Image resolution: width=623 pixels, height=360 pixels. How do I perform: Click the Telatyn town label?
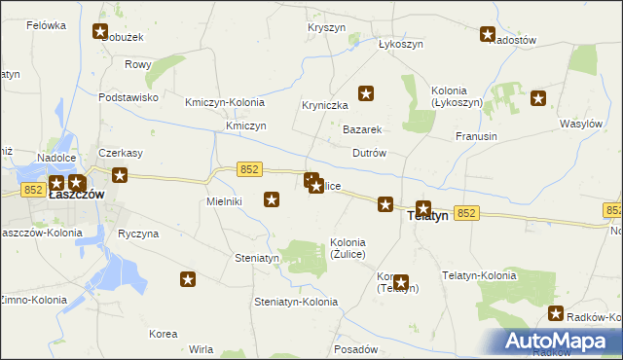[x=425, y=218]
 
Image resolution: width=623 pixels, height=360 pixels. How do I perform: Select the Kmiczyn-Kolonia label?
[x=225, y=102]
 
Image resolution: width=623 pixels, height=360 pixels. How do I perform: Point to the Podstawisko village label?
[x=128, y=97]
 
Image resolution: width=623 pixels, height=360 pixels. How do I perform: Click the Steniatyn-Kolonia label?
[x=296, y=302]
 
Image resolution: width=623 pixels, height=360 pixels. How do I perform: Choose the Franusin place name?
[x=476, y=136]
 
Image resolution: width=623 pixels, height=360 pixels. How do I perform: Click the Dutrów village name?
[x=370, y=153]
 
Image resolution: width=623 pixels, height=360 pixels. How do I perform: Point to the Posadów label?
[x=354, y=348]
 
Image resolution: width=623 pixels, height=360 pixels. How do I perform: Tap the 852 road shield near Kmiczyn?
[x=249, y=169]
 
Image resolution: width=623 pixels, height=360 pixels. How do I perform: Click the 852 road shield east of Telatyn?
[x=465, y=213]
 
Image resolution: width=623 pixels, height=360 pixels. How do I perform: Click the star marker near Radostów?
[x=488, y=35]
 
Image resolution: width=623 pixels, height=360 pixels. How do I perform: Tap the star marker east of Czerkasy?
[x=120, y=175]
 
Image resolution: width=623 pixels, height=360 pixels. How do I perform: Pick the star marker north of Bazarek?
[x=366, y=93]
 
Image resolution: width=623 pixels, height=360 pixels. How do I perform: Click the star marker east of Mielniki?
[x=273, y=199]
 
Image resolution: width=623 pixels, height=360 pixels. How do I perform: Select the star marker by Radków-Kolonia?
[x=556, y=313]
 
